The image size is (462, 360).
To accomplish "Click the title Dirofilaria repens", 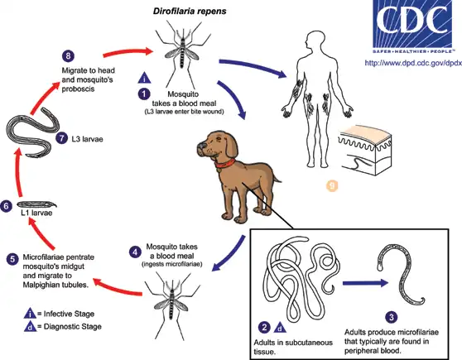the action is (x=190, y=12).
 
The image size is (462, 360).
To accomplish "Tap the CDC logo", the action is (x=412, y=26).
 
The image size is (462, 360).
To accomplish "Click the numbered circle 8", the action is (x=68, y=55).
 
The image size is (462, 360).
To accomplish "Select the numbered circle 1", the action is (x=144, y=94).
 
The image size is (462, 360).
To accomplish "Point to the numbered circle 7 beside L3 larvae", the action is (x=61, y=138).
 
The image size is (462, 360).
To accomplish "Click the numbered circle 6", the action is (x=6, y=206).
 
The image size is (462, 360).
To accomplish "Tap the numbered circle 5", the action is (x=12, y=259).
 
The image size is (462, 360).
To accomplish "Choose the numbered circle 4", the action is (x=135, y=252).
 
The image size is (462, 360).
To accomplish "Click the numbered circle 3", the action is (x=392, y=317).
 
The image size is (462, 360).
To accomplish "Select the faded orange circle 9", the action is (x=332, y=185).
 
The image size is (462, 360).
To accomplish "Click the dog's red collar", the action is (x=225, y=163).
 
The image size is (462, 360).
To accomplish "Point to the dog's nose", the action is (x=201, y=146).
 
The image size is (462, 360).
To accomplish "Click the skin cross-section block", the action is (x=366, y=151).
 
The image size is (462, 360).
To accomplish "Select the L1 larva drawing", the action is (x=36, y=204).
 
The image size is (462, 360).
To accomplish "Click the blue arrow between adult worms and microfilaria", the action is (x=366, y=283).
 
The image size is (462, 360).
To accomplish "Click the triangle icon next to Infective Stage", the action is (x=30, y=314).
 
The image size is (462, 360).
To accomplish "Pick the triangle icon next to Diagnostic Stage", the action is (x=30, y=326).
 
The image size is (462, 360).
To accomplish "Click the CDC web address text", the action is (x=413, y=63).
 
